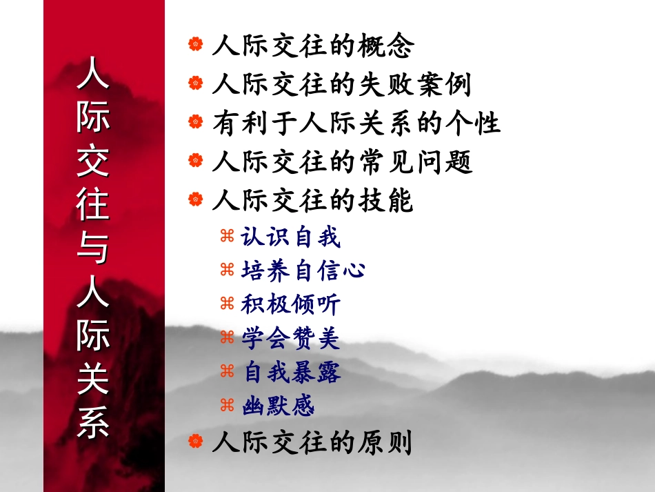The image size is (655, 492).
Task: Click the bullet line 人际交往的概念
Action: tap(313, 47)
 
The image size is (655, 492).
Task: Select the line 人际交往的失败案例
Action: tap(342, 86)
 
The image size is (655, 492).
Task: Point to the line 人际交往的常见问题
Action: tap(342, 163)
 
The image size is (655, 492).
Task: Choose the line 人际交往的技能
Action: tap(313, 201)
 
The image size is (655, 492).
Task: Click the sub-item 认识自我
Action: tap(290, 237)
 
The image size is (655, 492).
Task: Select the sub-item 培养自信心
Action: tap(303, 270)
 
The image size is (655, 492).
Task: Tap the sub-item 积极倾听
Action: tap(290, 304)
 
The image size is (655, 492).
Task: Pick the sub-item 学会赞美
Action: tap(290, 338)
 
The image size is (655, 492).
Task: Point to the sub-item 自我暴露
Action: tap(290, 373)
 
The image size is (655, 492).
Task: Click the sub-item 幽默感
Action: tap(278, 406)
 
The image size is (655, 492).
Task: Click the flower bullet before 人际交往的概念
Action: tap(196, 46)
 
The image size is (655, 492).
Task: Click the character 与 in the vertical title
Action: tap(93, 249)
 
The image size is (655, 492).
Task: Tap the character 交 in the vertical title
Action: tap(93, 161)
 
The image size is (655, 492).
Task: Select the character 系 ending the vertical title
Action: tap(93, 424)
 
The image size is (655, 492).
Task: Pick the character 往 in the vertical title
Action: tap(93, 205)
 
